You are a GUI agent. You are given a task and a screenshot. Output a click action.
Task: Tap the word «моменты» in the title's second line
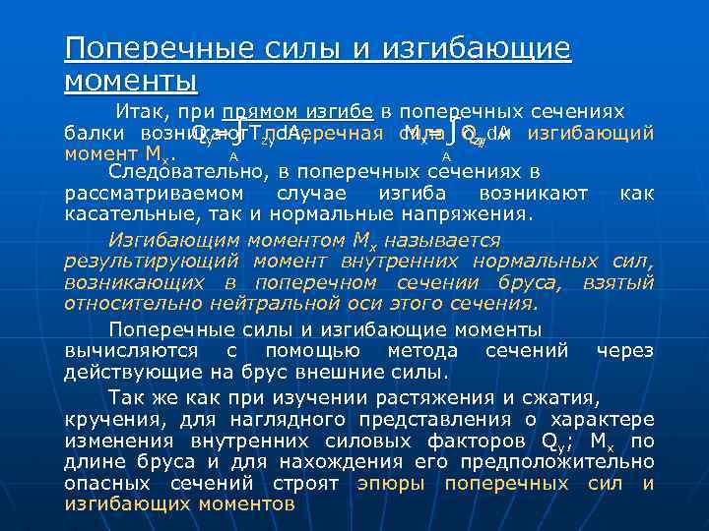[x=130, y=78]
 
